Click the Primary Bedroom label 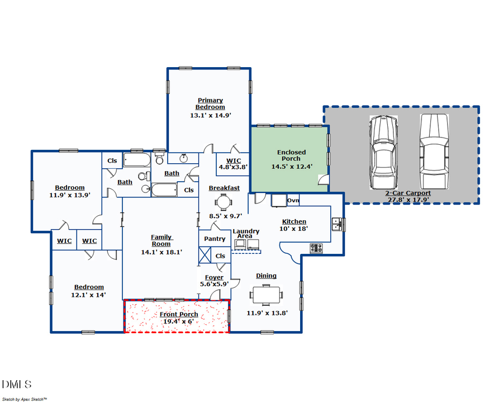tap(210, 104)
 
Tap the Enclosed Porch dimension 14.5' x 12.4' tap(291, 166)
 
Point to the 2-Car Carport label tap(408, 193)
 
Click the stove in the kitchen tap(316, 248)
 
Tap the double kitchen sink tap(337, 225)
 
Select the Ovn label tap(293, 201)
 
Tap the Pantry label tap(215, 239)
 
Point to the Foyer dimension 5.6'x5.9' tap(214, 284)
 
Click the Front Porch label tap(178, 314)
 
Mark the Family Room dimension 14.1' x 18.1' tap(161, 252)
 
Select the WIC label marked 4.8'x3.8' tap(233, 166)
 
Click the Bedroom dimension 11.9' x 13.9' tap(70, 195)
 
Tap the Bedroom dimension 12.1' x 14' tap(88, 295)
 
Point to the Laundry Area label tap(246, 234)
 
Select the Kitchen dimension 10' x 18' tap(294, 228)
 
